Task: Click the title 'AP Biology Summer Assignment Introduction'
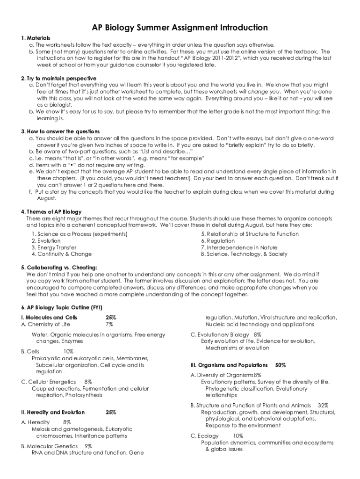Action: pyautogui.click(x=180, y=28)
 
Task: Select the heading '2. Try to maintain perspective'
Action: pyautogui.click(x=58, y=78)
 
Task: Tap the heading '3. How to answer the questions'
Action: pyautogui.click(x=60, y=131)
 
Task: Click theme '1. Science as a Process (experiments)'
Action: pyautogui.click(x=79, y=234)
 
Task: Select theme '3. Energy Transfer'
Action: pyautogui.click(x=54, y=247)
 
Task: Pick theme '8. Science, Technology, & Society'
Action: pyautogui.click(x=244, y=254)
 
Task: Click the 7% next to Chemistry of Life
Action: pyautogui.click(x=109, y=324)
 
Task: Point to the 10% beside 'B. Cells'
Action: pyautogui.click(x=68, y=351)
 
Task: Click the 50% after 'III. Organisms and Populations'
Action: pyautogui.click(x=281, y=365)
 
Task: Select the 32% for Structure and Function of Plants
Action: pyautogui.click(x=323, y=405)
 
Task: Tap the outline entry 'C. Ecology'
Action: pyautogui.click(x=205, y=435)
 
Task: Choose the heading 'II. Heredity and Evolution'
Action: pyautogui.click(x=53, y=412)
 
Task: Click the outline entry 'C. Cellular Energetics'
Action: pyautogui.click(x=49, y=382)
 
